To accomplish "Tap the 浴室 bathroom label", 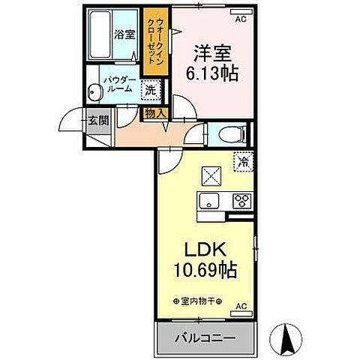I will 124,34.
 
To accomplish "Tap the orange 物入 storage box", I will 155,113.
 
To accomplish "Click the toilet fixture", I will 229,135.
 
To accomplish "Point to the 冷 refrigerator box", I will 243,160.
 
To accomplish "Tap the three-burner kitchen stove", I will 242,200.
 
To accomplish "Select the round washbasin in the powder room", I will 94,93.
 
